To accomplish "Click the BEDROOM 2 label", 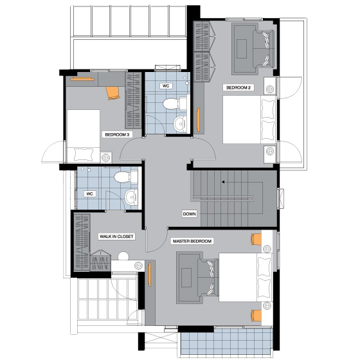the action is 239,87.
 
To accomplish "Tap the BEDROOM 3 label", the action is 117,134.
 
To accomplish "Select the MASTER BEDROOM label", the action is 192,241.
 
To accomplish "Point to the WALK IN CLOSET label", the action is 116,237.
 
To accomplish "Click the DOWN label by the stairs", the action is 190,214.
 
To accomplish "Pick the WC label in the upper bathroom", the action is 166,86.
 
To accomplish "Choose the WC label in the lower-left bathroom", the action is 89,194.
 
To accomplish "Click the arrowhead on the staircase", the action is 223,182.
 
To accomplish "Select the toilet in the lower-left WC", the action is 124,177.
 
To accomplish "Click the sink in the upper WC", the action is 180,124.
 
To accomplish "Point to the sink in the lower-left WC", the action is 131,197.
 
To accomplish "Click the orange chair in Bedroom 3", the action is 113,93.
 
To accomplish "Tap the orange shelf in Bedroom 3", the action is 82,80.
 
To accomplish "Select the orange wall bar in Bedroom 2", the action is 198,119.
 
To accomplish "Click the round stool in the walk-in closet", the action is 123,256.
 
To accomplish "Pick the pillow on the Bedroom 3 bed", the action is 84,154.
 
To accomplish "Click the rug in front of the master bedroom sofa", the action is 186,278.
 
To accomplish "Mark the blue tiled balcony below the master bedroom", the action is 226,341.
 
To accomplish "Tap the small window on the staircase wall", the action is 280,199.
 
